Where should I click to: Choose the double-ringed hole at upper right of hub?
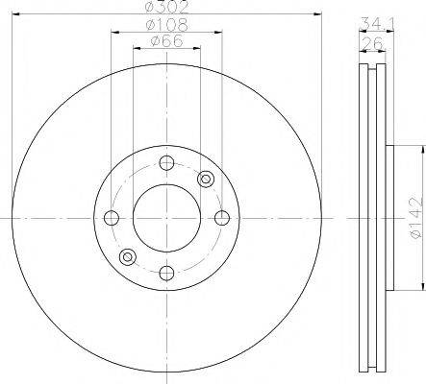click(204, 178)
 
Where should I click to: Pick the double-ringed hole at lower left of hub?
click(126, 256)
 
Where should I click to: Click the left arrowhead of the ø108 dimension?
click(113, 32)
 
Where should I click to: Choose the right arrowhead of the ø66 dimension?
click(197, 50)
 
